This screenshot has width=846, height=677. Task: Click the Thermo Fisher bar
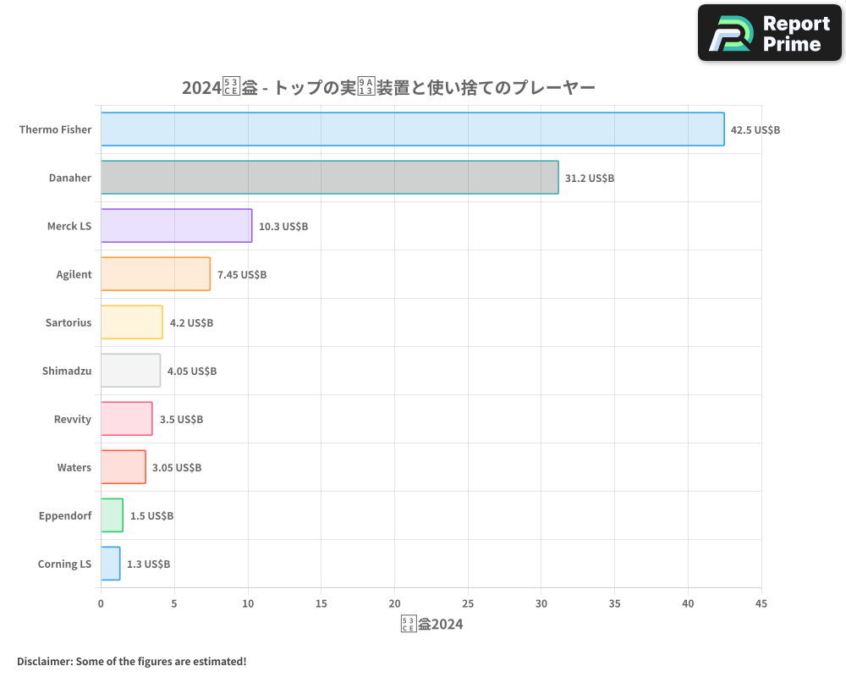pos(412,129)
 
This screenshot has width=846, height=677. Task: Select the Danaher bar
pos(329,178)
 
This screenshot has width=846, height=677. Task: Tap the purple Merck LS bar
pos(176,226)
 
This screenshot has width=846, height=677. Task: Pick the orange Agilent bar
pos(155,274)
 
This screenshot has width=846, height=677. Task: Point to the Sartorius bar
pos(131,322)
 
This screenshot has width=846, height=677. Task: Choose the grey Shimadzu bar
pos(130,371)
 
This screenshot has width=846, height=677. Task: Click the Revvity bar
pos(126,419)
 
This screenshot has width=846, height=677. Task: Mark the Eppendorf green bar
pos(112,515)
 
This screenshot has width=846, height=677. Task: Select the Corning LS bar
pos(110,564)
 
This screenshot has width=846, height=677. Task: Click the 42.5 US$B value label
pos(755,130)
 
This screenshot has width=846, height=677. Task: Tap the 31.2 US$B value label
pos(590,179)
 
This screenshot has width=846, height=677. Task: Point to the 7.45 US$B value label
pos(242,275)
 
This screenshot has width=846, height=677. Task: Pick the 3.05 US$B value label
pos(177,468)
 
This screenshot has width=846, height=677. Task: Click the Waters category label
pos(74,468)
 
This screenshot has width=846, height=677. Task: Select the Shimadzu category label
pos(67,372)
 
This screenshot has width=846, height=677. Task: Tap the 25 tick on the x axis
pos(468,604)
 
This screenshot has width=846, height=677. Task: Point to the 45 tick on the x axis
pos(761,604)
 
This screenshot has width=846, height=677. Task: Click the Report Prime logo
pos(770,33)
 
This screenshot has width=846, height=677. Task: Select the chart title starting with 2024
pos(388,88)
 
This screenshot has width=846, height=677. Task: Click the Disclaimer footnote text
pos(131,661)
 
